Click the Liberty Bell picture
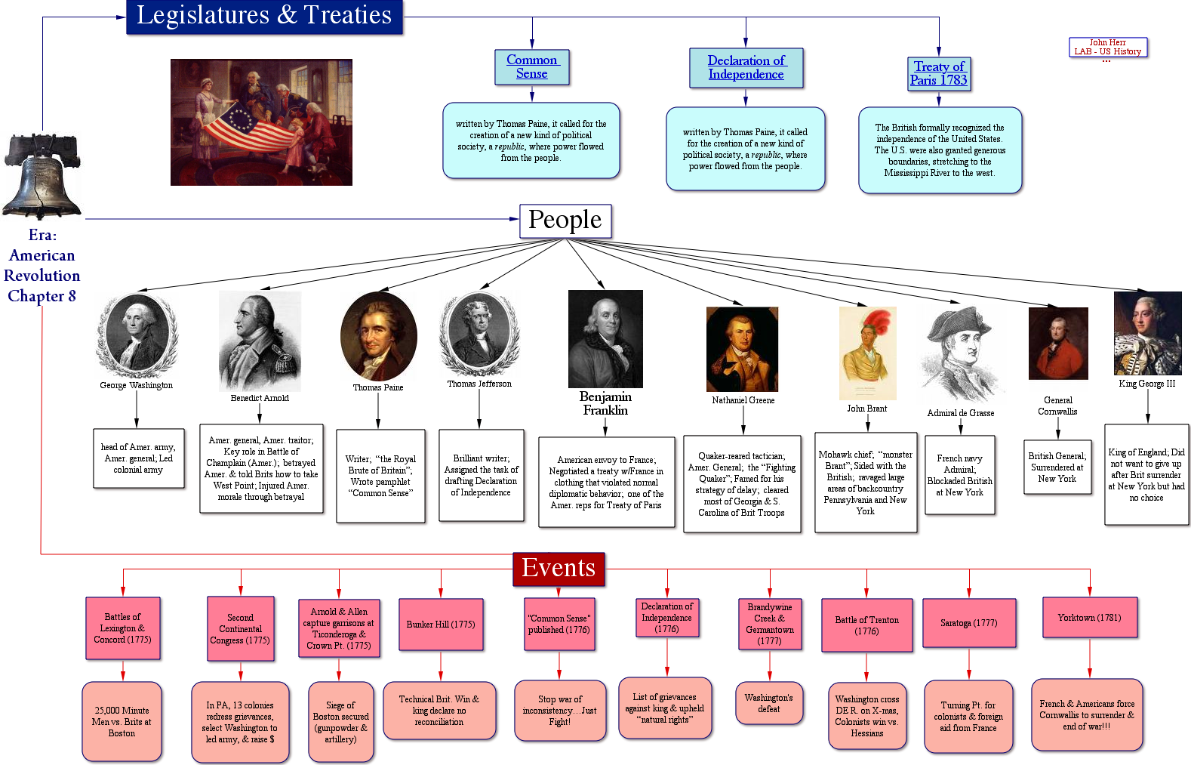pyautogui.click(x=42, y=177)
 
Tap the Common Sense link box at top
pyautogui.click(x=532, y=67)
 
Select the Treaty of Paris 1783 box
pyautogui.click(x=939, y=74)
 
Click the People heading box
pyautogui.click(x=565, y=221)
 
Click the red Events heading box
pyautogui.click(x=559, y=569)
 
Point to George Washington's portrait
pyautogui.click(x=137, y=335)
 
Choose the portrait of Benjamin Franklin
pyautogui.click(x=605, y=338)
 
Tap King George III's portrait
pyautogui.click(x=1147, y=333)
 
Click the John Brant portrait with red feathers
pyautogui.click(x=867, y=353)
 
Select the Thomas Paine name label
pyautogui.click(x=378, y=387)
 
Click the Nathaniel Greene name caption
pyautogui.click(x=743, y=400)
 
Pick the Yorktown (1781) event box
pyautogui.click(x=1089, y=618)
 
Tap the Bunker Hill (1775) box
pyautogui.click(x=441, y=625)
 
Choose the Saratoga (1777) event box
pyautogui.click(x=968, y=623)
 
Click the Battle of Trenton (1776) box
pyautogui.click(x=866, y=625)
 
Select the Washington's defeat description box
pyautogui.click(x=769, y=703)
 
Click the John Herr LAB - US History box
pyautogui.click(x=1107, y=48)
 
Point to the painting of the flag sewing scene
pyautogui.click(x=261, y=122)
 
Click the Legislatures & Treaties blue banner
pyautogui.click(x=264, y=16)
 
